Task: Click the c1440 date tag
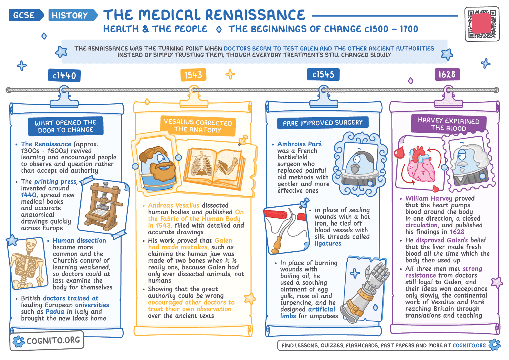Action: click(64, 75)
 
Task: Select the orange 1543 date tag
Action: click(193, 75)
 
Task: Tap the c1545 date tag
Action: click(323, 75)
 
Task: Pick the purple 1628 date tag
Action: click(447, 74)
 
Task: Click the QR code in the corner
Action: click(482, 24)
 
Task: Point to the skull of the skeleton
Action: click(30, 245)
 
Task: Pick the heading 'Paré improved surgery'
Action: click(323, 123)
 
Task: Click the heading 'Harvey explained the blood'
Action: click(449, 124)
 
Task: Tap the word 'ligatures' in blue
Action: click(328, 244)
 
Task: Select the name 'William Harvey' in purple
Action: click(429, 199)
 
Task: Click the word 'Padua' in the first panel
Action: click(55, 312)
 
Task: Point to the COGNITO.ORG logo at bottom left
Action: click(47, 341)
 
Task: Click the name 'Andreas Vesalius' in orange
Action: click(174, 206)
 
